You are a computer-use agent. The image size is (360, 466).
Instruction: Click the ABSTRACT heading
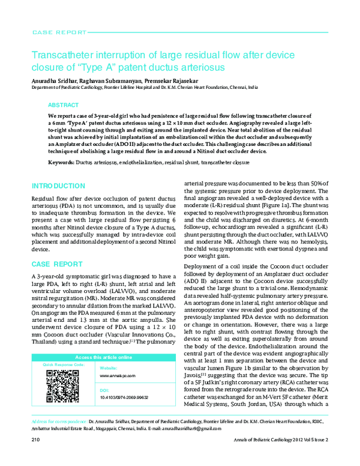pyautogui.click(x=62, y=104)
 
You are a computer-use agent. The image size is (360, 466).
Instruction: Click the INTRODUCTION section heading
pyautogui.click(x=58, y=186)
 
